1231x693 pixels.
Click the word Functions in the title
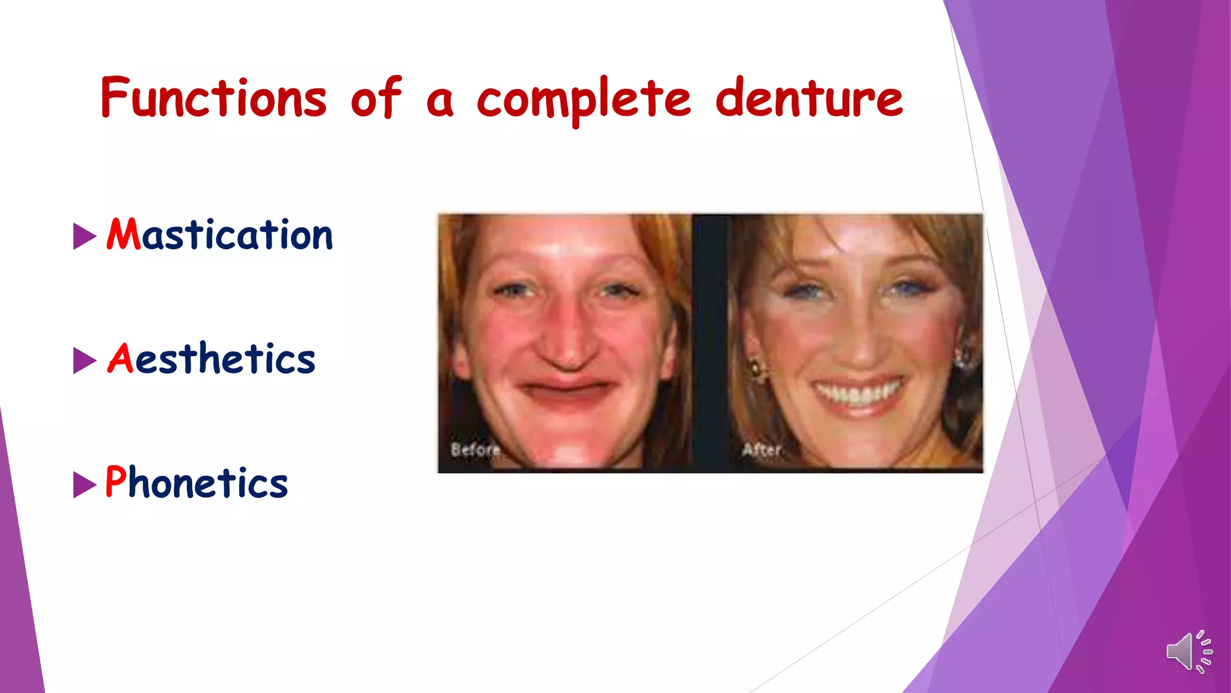(214, 98)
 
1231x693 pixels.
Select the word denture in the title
(808, 98)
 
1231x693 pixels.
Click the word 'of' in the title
(376, 98)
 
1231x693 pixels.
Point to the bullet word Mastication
(219, 234)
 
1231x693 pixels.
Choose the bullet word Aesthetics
(211, 359)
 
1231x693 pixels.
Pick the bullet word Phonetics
(197, 482)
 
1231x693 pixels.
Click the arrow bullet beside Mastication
(84, 236)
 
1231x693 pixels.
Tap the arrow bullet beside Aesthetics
(84, 360)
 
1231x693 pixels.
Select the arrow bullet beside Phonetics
(84, 485)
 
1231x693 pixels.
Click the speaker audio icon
(1189, 651)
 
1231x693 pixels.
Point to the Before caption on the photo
(475, 449)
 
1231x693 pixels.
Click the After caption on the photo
(762, 449)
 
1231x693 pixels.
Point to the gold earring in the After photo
(754, 368)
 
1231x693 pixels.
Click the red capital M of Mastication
(123, 234)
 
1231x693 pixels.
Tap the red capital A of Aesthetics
(120, 359)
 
